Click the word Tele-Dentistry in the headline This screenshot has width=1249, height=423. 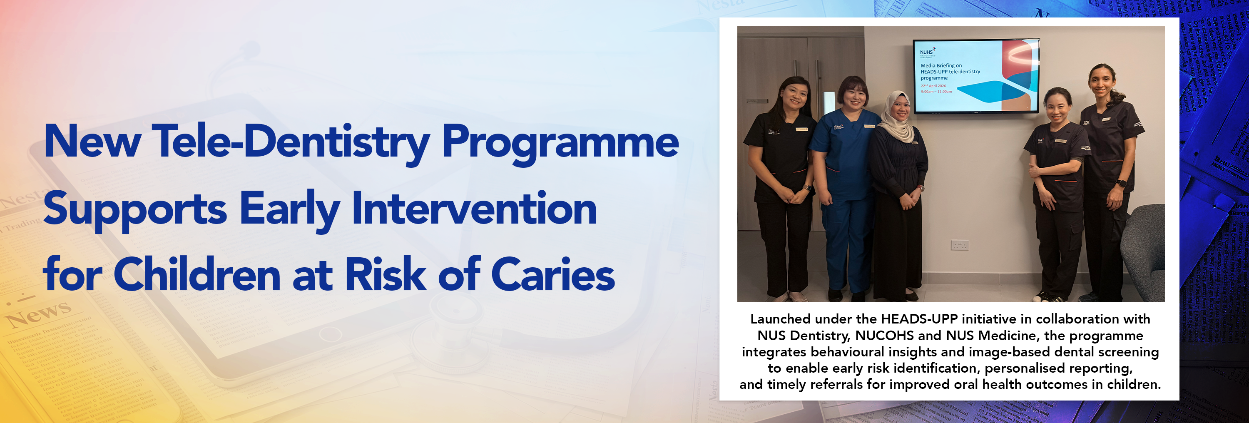[x=291, y=142]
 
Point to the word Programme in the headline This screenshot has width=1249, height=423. [x=560, y=142]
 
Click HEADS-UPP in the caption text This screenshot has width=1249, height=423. [x=919, y=319]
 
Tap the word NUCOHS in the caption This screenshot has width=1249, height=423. [x=884, y=336]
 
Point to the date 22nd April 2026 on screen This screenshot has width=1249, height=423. [x=933, y=86]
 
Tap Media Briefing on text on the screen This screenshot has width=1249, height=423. [x=940, y=65]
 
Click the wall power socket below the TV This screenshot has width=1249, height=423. [x=959, y=245]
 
